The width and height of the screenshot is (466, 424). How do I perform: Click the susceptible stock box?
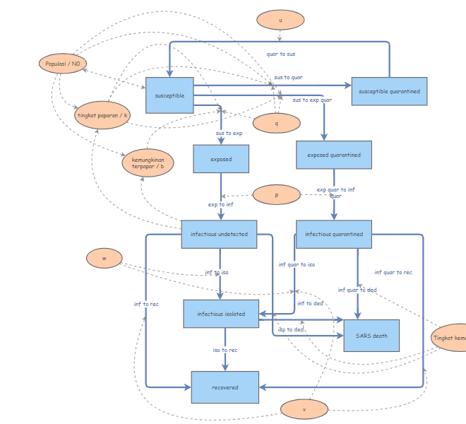pos(169,95)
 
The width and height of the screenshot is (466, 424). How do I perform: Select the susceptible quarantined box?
pos(389,91)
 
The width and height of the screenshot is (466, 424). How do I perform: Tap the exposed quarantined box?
pos(334,155)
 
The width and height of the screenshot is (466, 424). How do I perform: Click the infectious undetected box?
pos(219,234)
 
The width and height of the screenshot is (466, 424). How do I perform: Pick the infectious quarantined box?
pos(334,234)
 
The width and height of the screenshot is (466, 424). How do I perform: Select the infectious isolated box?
pos(221,314)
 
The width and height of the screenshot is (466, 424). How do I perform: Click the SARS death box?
pos(371,336)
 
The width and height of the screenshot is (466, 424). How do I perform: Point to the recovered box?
pos(225,387)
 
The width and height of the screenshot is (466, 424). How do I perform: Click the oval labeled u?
pos(280,20)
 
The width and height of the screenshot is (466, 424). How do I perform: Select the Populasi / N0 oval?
pos(63,64)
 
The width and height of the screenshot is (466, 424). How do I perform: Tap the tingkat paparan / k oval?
pos(103,115)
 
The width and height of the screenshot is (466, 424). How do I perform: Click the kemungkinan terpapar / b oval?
pos(148,163)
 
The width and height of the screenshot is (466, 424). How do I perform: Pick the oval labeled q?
pos(276,123)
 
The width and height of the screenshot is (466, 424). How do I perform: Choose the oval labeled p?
pos(276,194)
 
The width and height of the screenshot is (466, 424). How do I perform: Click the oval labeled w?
pos(104,259)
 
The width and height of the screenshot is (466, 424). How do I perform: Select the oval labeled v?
pos(304,409)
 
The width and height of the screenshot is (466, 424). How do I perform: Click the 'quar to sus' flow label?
pos(281,54)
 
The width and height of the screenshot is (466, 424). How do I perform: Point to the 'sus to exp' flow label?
pos(229,133)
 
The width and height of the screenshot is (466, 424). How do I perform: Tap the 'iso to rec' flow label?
pos(225,350)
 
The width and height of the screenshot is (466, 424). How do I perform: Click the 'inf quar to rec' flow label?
pos(393,272)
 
